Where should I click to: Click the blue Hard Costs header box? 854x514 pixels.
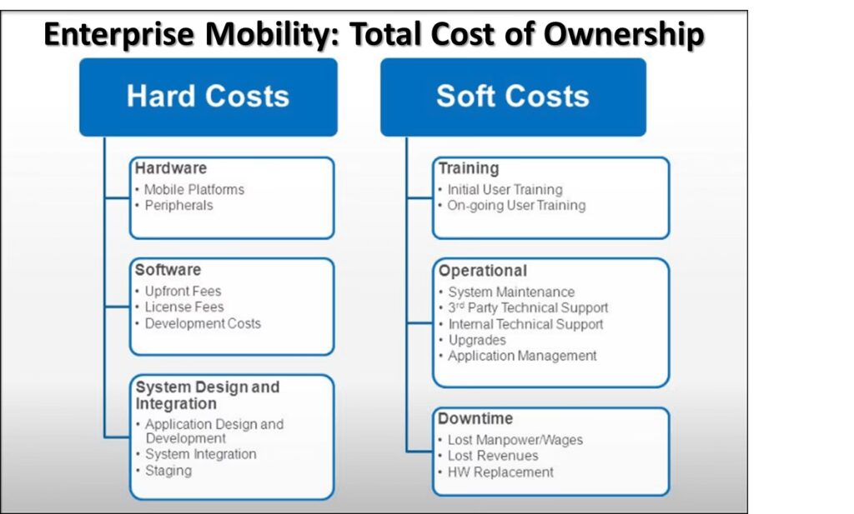208,97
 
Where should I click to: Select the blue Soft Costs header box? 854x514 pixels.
513,97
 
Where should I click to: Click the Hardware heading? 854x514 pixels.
171,168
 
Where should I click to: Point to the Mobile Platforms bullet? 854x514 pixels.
193,190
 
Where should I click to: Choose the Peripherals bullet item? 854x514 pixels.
178,206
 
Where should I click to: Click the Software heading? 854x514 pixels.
168,270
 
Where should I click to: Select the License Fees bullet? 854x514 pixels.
184,307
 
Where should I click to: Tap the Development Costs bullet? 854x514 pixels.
203,323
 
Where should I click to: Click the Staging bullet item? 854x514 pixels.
168,471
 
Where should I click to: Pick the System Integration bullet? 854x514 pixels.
200,454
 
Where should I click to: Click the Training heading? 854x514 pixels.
469,168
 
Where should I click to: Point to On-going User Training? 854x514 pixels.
516,206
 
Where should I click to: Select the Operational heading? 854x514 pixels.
483,271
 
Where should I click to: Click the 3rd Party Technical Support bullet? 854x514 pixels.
528,308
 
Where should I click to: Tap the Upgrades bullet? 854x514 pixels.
477,341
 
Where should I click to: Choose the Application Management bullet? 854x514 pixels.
522,356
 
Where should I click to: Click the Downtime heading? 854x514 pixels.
475,418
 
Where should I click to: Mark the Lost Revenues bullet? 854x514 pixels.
493,456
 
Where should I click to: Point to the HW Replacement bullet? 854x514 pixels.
500,472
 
